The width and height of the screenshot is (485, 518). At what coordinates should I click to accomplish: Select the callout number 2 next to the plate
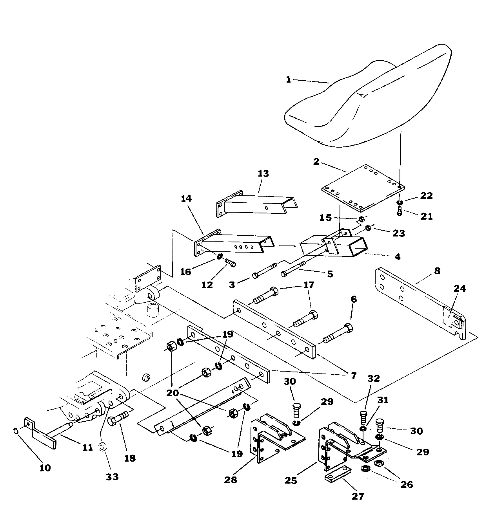316,161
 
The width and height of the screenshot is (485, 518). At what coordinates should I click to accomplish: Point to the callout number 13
263,173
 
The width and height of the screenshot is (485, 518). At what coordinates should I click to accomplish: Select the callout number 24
460,289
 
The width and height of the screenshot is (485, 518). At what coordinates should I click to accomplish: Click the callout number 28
231,479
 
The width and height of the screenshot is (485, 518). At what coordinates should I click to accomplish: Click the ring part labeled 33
103,446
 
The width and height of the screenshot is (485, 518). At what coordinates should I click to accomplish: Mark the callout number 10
45,467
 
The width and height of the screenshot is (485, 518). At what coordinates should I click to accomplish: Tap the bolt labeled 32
363,416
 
